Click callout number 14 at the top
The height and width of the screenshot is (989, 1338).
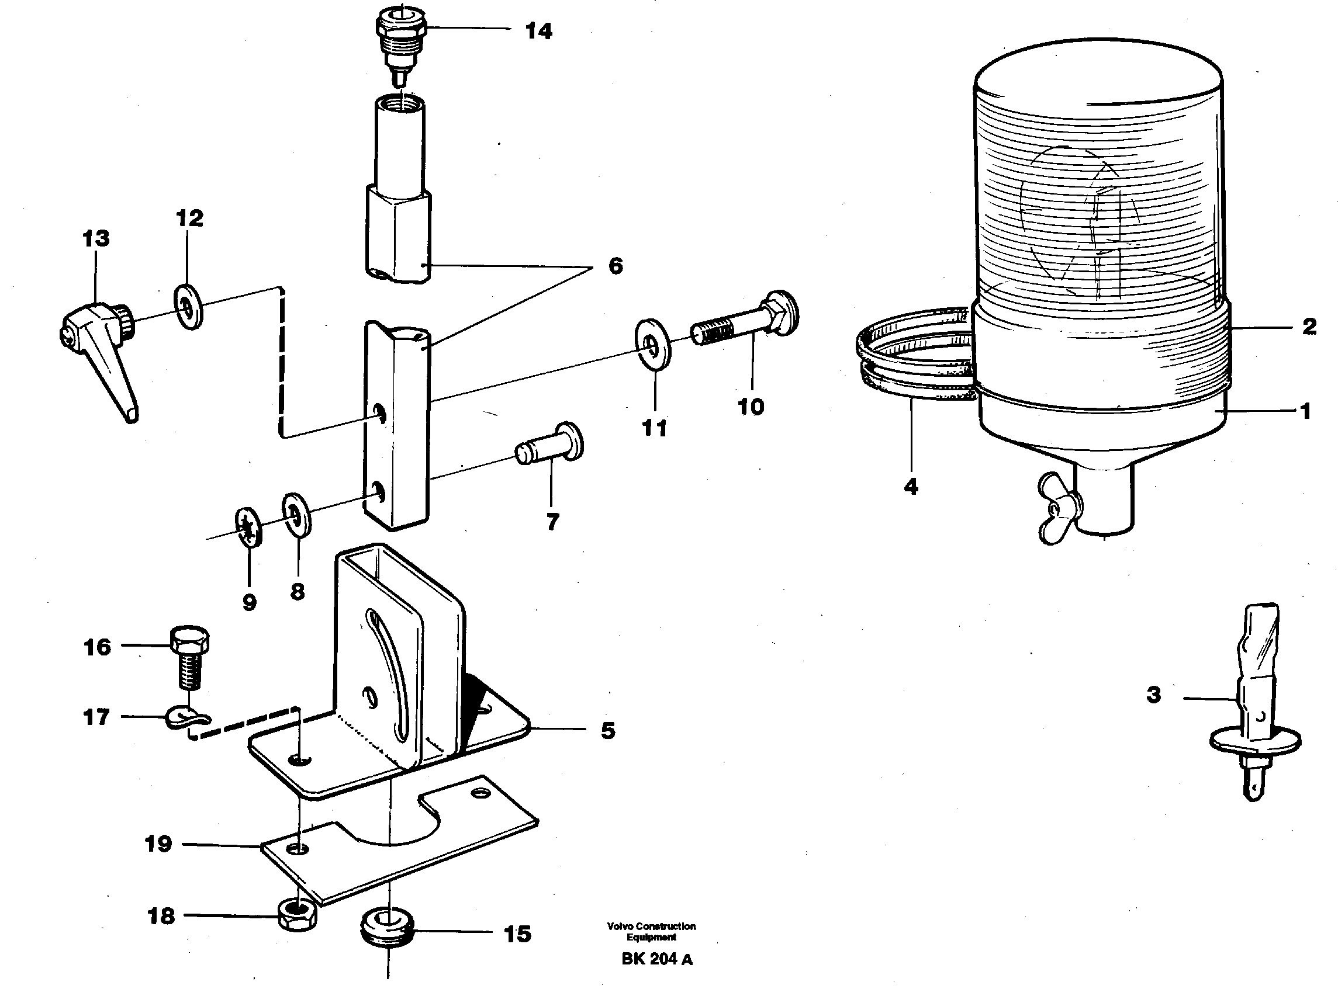click(x=538, y=31)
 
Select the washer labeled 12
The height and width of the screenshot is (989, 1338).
click(x=189, y=308)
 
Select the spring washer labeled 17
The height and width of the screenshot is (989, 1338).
click(x=187, y=717)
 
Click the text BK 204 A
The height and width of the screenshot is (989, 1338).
click(x=656, y=959)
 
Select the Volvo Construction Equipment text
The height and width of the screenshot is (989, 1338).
click(x=651, y=931)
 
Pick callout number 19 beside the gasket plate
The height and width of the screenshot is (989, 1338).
click(x=158, y=844)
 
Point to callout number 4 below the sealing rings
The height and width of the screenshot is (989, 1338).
click(x=910, y=487)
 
